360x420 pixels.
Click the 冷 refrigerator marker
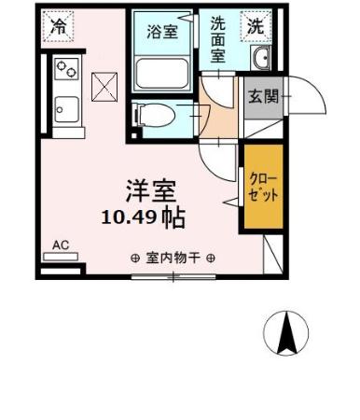pyautogui.click(x=59, y=27)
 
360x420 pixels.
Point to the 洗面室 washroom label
pyautogui.click(x=216, y=39)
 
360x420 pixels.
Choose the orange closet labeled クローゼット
pyautogui.click(x=260, y=185)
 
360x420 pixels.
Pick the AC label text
pyautogui.click(x=61, y=245)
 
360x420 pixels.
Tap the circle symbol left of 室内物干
pyautogui.click(x=135, y=259)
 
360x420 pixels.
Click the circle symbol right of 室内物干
pyautogui.click(x=212, y=259)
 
